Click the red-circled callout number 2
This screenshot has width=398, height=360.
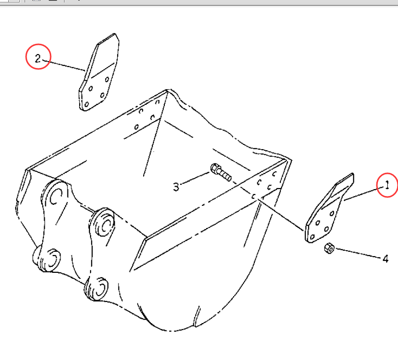pos(38,59)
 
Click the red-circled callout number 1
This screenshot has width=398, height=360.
pos(387,185)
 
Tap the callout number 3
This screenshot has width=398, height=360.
pos(176,187)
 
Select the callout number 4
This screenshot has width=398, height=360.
pos(386,259)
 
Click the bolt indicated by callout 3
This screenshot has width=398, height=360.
pos(221,172)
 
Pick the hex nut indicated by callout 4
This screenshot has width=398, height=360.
pos(330,248)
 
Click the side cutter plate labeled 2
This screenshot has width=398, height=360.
pos(99,72)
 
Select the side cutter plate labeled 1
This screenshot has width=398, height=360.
pos(329,208)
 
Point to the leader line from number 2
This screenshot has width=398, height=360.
pos(64,65)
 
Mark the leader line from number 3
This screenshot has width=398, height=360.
pos(195,178)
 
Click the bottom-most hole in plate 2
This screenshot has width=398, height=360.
pos(87,104)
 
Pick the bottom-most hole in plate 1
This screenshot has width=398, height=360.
pos(312,237)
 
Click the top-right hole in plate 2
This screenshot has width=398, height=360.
pos(107,79)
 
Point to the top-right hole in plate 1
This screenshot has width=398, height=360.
pos(332,213)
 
